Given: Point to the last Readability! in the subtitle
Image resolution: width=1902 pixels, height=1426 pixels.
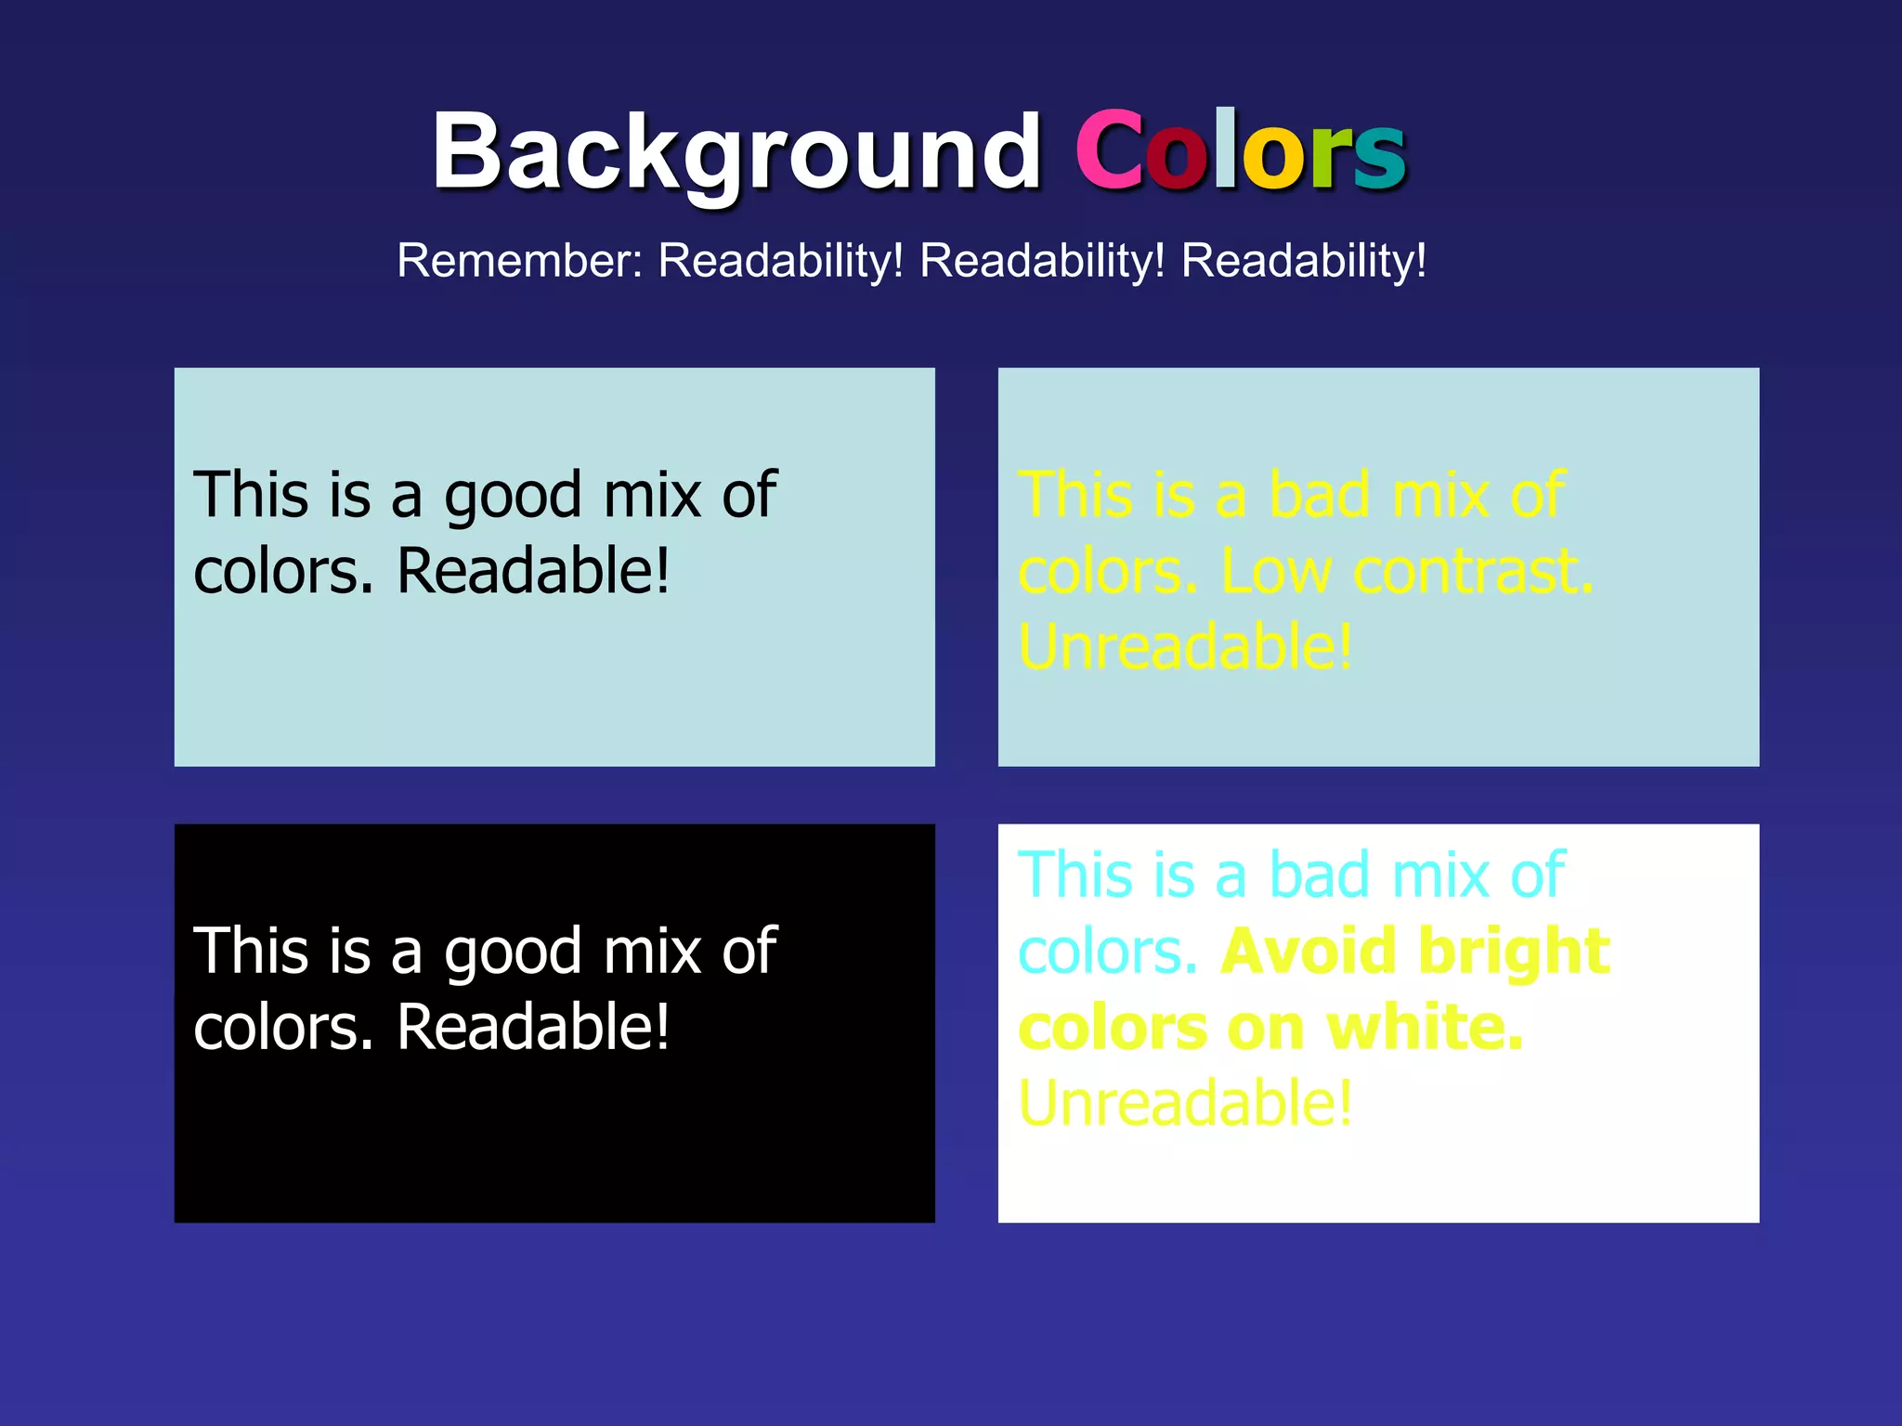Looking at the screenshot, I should pyautogui.click(x=1304, y=261).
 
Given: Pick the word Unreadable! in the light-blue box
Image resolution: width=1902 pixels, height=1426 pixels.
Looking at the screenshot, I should pyautogui.click(x=1185, y=647).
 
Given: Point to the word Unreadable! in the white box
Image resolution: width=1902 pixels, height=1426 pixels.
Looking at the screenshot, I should pyautogui.click(x=1185, y=1104).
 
